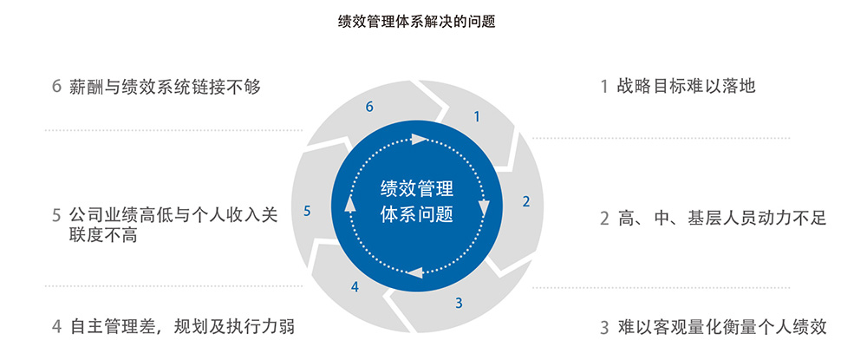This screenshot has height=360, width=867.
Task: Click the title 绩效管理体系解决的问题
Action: pyautogui.click(x=416, y=22)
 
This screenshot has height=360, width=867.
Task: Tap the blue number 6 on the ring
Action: pyautogui.click(x=369, y=107)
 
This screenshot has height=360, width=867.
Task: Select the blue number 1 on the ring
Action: pyautogui.click(x=477, y=117)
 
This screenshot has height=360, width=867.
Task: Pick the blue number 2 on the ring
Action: pyautogui.click(x=526, y=201)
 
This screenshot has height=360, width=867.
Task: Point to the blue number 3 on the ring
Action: pyautogui.click(x=459, y=303)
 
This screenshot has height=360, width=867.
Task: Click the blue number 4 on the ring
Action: pyautogui.click(x=355, y=286)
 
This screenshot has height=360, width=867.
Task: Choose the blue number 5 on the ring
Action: pyautogui.click(x=308, y=210)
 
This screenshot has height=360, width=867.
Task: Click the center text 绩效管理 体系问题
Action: pyautogui.click(x=417, y=201)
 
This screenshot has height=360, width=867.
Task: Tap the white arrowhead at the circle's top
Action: pyautogui.click(x=419, y=138)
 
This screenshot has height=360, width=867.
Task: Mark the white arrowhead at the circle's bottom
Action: pyautogui.click(x=415, y=272)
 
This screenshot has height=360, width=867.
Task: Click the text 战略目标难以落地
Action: pyautogui.click(x=686, y=86)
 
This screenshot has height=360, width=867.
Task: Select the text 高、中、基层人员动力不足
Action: pyautogui.click(x=721, y=219)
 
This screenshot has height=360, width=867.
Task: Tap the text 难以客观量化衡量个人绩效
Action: pyautogui.click(x=721, y=327)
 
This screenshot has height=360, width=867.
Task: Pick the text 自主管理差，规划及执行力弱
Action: pyautogui.click(x=182, y=327)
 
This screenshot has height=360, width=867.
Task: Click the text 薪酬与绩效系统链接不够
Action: pyautogui.click(x=165, y=87)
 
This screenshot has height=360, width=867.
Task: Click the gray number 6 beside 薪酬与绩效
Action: pyautogui.click(x=55, y=87)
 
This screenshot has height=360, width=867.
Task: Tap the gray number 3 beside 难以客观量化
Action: pyautogui.click(x=604, y=328)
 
